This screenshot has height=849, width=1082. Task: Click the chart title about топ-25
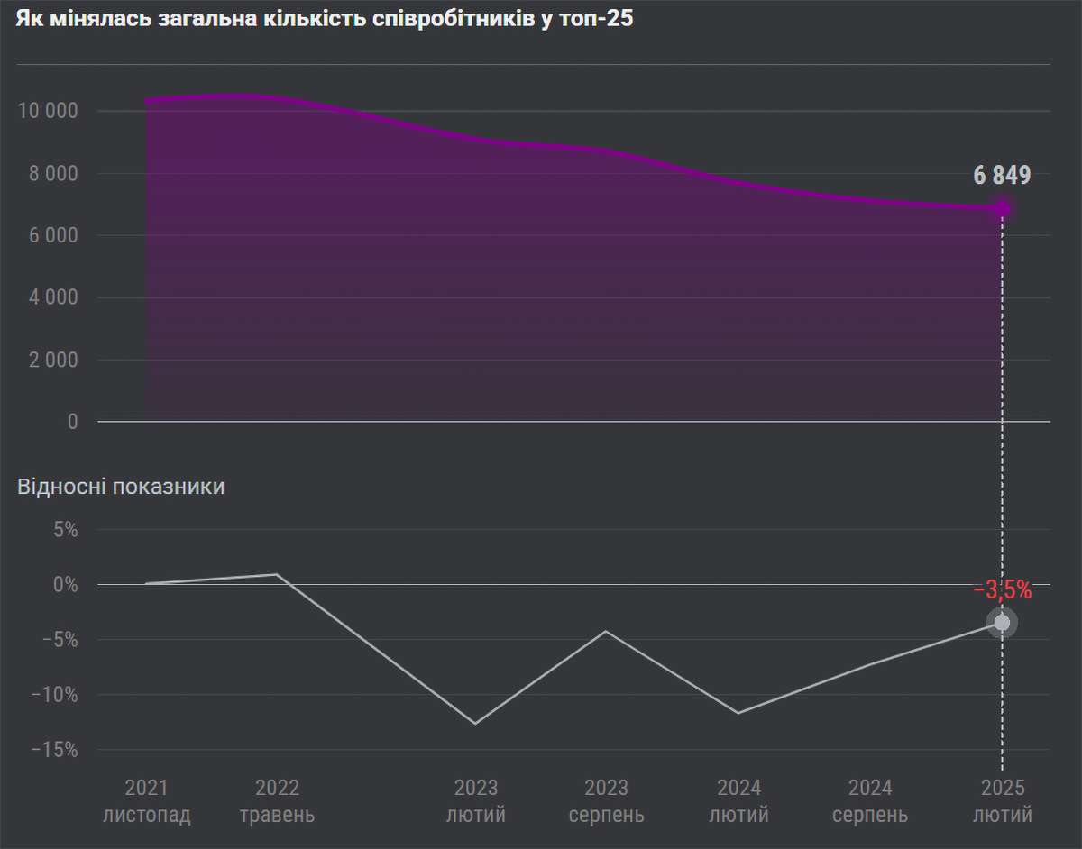pos(325,21)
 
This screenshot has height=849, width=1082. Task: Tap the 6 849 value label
pos(1002,176)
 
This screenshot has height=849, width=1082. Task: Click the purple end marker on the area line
pos(1002,208)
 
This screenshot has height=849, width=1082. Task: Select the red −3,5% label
pos(1002,591)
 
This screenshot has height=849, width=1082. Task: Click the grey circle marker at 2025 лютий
pos(1002,623)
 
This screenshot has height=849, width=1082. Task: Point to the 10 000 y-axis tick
pos(49,112)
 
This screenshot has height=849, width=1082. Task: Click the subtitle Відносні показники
pos(121,488)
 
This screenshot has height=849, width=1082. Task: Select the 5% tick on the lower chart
pos(64,530)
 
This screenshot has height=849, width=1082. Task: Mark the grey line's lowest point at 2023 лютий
pos(475,723)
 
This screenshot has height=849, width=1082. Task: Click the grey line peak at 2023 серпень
pos(606,631)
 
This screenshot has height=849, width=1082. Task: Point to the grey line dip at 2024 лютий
pos(738,713)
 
